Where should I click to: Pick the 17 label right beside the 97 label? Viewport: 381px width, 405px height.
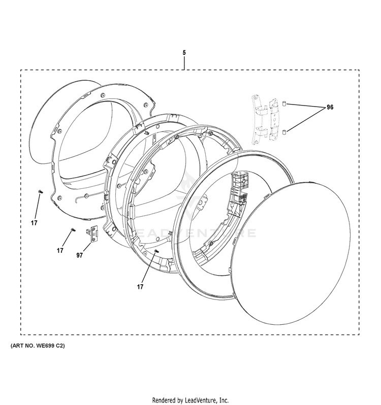60,250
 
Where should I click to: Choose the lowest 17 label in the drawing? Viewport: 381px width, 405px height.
141,287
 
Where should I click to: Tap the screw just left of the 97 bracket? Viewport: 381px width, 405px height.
73,230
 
